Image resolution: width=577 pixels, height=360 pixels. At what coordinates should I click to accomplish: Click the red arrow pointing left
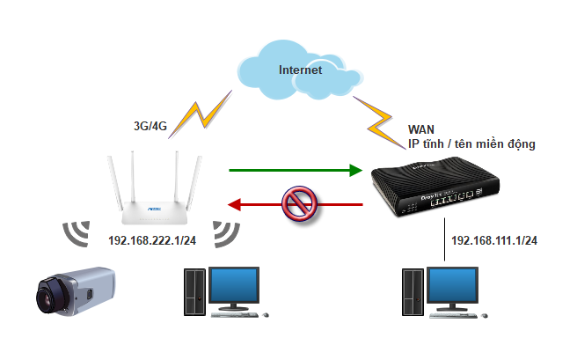[x=296, y=205]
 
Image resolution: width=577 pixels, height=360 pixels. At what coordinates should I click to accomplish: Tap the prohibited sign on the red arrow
[x=295, y=204]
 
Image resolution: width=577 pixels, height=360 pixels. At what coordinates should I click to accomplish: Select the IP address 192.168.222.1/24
[x=151, y=240]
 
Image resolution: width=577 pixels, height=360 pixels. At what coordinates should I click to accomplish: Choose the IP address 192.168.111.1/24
[x=493, y=240]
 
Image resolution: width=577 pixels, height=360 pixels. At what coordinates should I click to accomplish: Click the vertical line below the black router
[x=444, y=241]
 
